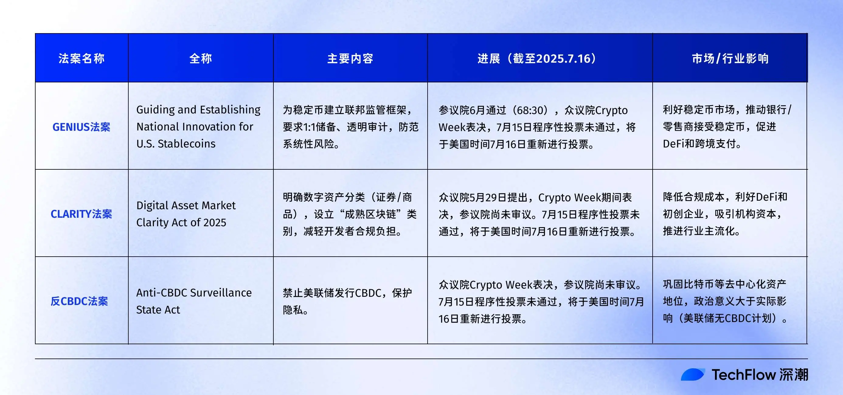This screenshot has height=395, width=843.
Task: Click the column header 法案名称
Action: [82, 59]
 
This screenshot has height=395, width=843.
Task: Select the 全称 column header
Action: [201, 59]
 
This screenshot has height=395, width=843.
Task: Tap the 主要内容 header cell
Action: [350, 59]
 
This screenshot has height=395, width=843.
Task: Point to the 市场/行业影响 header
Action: [730, 59]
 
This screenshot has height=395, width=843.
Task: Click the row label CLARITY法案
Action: [82, 214]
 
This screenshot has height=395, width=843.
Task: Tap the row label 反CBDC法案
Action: [79, 301]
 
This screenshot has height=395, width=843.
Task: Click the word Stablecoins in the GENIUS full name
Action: [186, 144]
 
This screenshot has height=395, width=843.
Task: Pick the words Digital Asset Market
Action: [186, 206]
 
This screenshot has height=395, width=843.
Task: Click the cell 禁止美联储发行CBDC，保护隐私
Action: [347, 301]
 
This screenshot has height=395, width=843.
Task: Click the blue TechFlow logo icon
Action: [692, 375]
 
